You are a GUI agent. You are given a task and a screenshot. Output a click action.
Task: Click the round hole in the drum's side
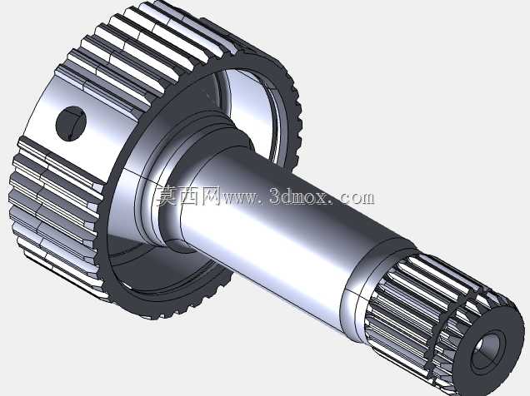[71, 123]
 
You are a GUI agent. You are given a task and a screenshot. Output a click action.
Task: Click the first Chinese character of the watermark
[167, 196]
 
